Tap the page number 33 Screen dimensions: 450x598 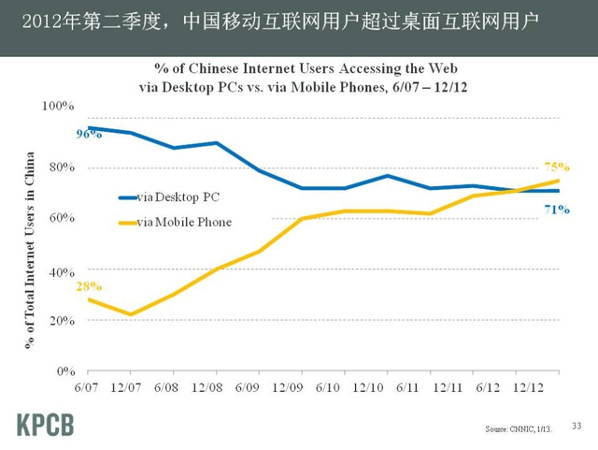point(576,427)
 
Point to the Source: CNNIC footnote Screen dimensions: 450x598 point(519,428)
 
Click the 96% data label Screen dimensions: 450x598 point(88,135)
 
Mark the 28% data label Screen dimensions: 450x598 point(88,286)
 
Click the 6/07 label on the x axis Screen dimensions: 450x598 point(87,386)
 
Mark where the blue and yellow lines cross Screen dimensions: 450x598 point(517,190)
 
